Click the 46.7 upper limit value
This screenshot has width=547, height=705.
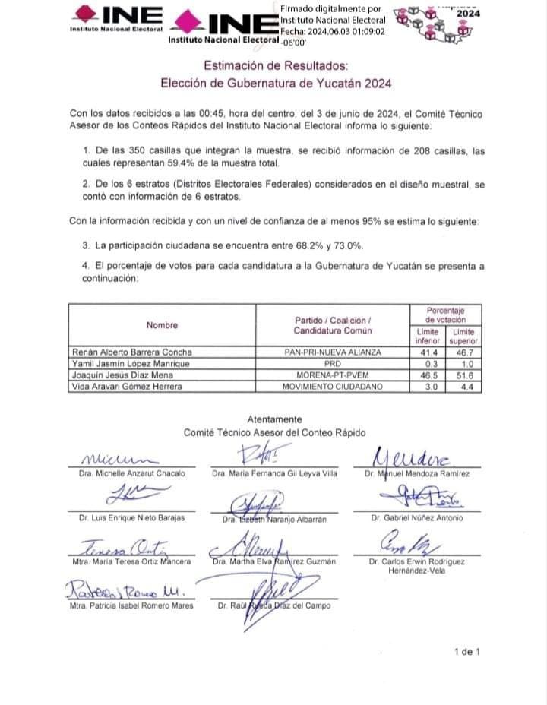click(x=463, y=352)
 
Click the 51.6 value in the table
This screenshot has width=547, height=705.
click(x=463, y=375)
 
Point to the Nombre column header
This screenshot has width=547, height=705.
click(x=162, y=325)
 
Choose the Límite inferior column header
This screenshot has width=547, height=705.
click(x=428, y=336)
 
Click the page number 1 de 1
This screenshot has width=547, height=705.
click(x=466, y=651)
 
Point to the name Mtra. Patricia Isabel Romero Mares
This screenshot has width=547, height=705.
click(x=131, y=605)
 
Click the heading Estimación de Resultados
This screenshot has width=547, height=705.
click(x=276, y=67)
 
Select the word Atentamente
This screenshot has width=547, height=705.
click(x=274, y=419)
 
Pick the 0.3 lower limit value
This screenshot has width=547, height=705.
click(x=428, y=364)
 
